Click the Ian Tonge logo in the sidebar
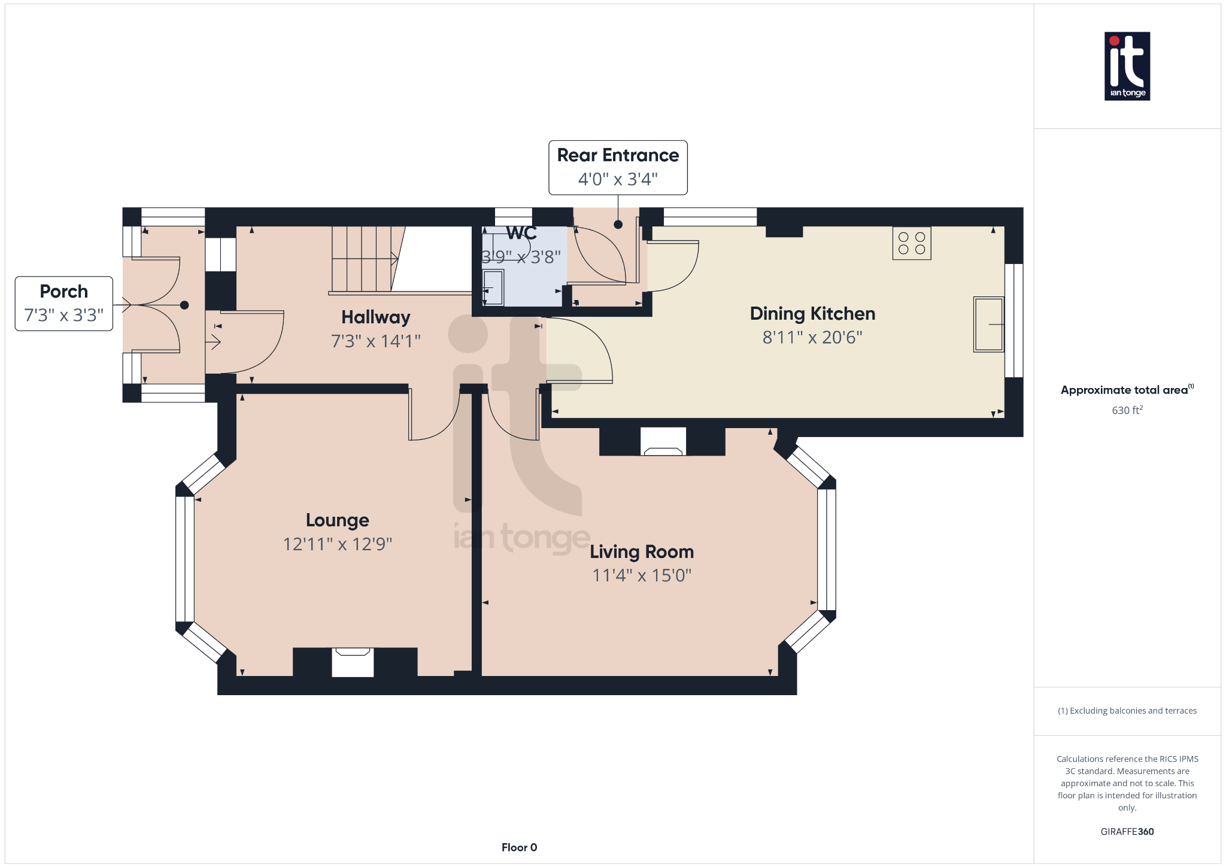[1127, 66]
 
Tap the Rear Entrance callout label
[618, 167]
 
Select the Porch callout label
[64, 303]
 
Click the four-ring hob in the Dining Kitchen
[911, 243]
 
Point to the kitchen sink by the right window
[988, 324]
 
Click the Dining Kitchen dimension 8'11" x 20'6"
[812, 337]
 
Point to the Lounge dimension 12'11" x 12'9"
[337, 544]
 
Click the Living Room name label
[641, 551]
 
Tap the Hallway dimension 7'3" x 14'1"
[375, 341]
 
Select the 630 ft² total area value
[1127, 410]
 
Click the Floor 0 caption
[519, 847]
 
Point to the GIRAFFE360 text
[1127, 831]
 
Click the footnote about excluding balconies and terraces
[1127, 711]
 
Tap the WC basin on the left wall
[493, 288]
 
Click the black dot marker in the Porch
[184, 305]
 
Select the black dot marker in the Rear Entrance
[618, 225]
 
